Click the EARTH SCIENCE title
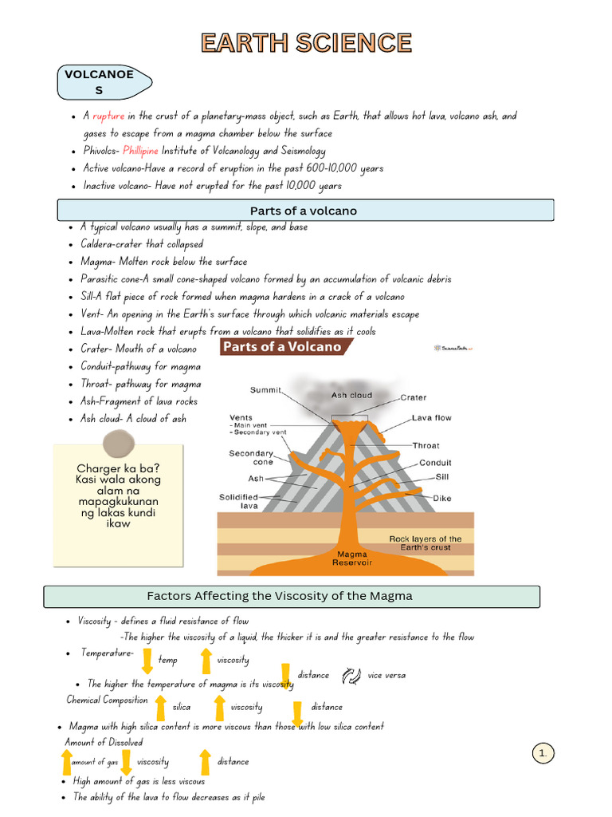(x=306, y=43)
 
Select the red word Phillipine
(x=141, y=151)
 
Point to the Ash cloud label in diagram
(x=351, y=395)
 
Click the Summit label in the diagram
(x=266, y=390)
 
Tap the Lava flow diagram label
(x=432, y=418)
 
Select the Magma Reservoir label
(x=352, y=558)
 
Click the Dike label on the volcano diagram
(x=442, y=498)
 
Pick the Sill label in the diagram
(x=442, y=476)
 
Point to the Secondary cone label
(x=251, y=457)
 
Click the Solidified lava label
(x=238, y=501)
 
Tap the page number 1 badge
(x=543, y=752)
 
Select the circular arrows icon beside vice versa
(x=351, y=676)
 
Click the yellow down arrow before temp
(x=147, y=661)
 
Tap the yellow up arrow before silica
(x=160, y=707)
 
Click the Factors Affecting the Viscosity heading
(x=291, y=596)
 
